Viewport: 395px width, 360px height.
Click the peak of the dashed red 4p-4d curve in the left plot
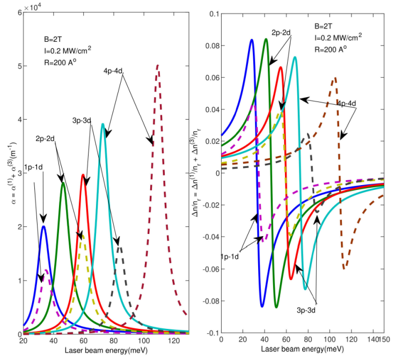[x=158, y=65]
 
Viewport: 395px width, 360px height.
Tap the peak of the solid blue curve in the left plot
[x=43, y=226]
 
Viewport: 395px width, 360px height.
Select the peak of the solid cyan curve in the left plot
[x=103, y=124]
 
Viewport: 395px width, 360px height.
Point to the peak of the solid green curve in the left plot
[x=63, y=183]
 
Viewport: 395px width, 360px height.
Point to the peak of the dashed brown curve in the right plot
[x=335, y=78]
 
